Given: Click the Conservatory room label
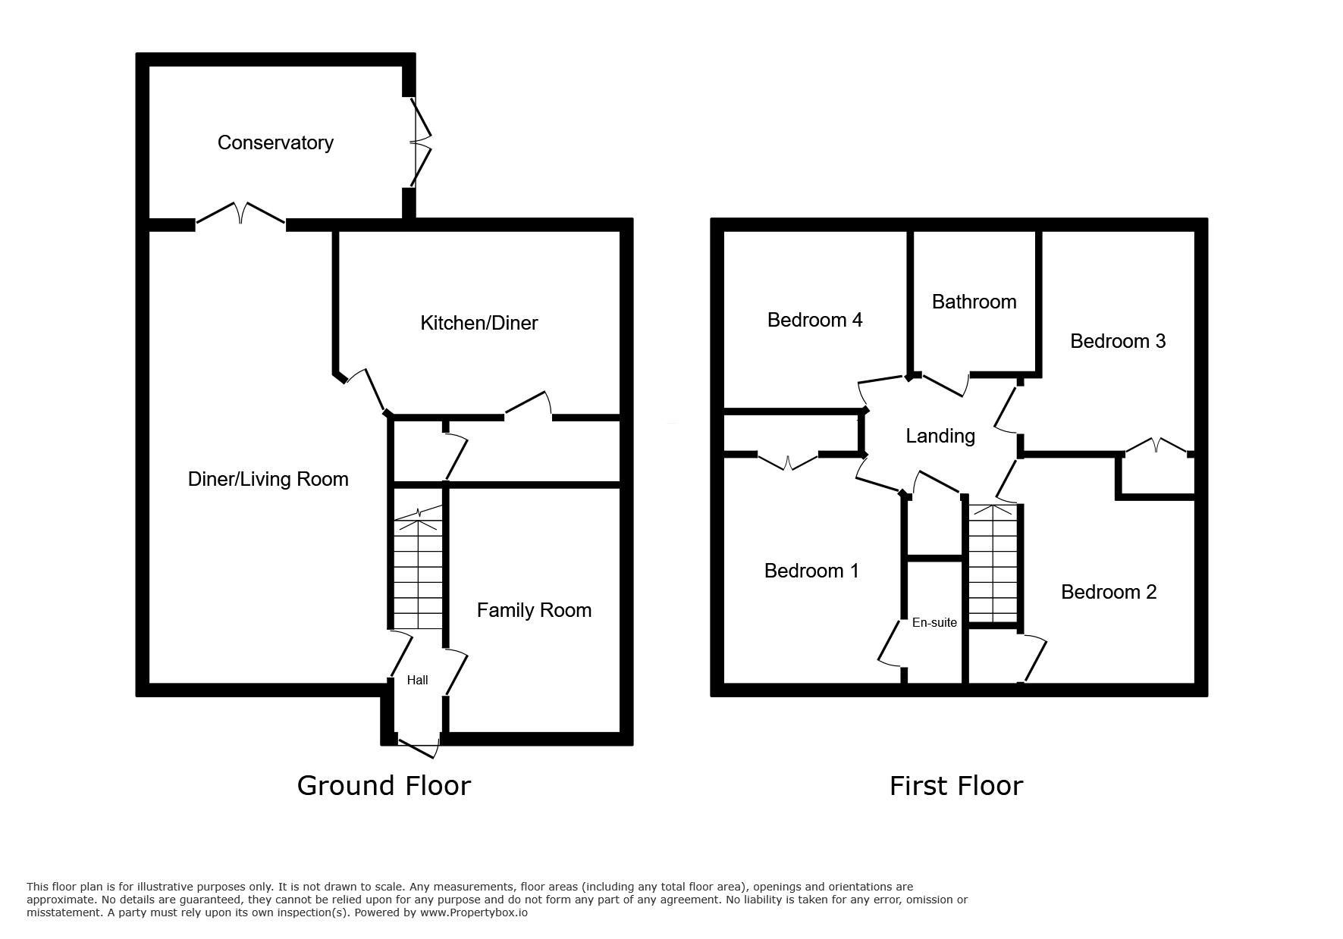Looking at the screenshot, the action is pos(275,142).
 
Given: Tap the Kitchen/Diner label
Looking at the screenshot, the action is pos(479,323).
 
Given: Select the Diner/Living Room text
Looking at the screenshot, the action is pos(268,479).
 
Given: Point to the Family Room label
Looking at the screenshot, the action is pos(534,610).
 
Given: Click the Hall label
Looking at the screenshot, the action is pos(417,680).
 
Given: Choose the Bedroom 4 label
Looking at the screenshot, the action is pos(814,320).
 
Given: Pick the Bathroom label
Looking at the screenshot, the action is pos(974,302).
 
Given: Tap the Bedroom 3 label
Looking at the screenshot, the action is pos(1118,341).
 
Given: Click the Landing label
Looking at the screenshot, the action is pos(940,436).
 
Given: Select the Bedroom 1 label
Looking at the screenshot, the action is pos(811,571).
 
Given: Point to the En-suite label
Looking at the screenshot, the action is pos(934,622).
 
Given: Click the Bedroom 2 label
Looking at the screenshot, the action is pos(1109,592).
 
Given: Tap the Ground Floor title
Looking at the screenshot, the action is pos(384,785).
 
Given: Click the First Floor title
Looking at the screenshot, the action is pos(956,785).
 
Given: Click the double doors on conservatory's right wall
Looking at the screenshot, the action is pos(419,142).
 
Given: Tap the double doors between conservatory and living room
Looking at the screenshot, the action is pos(241,214).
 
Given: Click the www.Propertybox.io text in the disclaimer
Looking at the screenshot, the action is pos(474,912).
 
